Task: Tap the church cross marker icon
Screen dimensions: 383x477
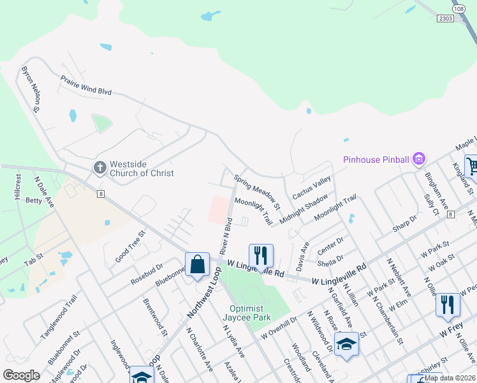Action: [x=99, y=168]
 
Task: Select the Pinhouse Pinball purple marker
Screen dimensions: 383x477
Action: [x=419, y=158]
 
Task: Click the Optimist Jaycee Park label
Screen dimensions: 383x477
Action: [x=251, y=313]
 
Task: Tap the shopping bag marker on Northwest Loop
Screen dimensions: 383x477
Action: [x=197, y=264]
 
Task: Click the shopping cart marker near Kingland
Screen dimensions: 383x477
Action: [x=472, y=167]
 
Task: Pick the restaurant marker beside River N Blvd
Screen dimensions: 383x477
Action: [x=261, y=255]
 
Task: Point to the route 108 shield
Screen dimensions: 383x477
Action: [x=459, y=9]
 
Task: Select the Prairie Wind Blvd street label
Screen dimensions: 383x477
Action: [x=86, y=86]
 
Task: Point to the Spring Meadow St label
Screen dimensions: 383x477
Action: [x=257, y=192]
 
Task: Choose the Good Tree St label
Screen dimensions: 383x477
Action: [x=130, y=246]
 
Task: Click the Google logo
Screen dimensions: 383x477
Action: [x=21, y=375]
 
